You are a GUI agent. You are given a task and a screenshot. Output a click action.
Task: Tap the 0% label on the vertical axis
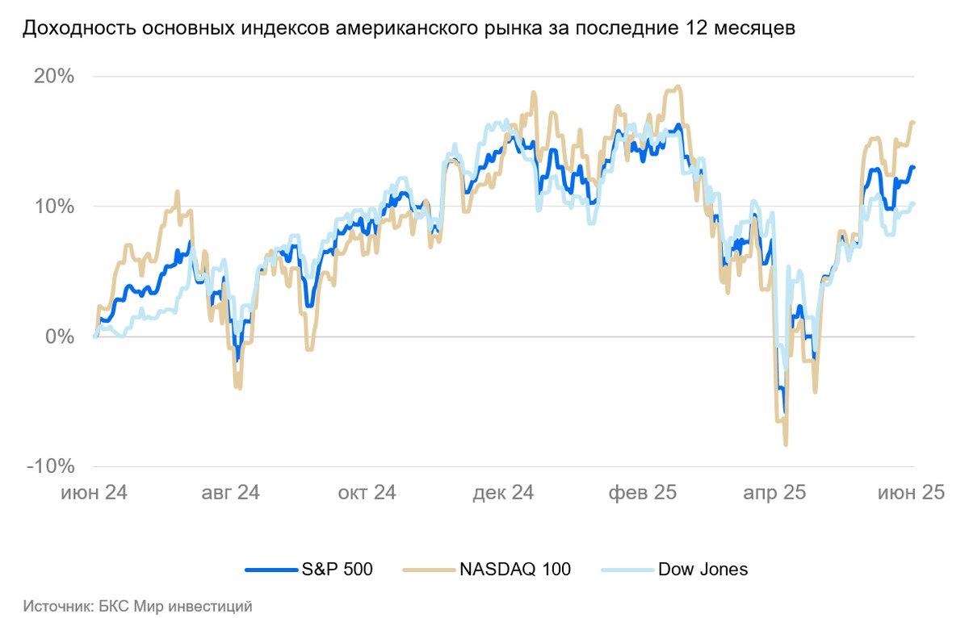[61, 336]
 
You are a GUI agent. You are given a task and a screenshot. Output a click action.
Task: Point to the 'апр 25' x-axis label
[773, 492]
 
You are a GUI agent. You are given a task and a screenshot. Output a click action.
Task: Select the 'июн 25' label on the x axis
[911, 492]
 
